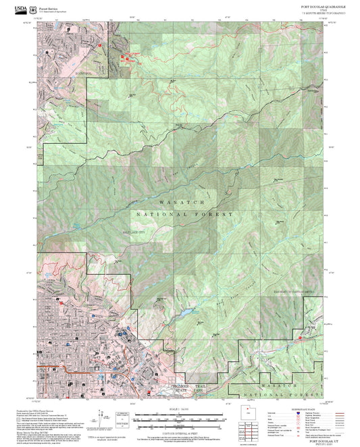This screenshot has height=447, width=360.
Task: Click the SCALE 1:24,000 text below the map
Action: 180,407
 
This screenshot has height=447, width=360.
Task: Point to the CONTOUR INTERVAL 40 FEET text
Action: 180,429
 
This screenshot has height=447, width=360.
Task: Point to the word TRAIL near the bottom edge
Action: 200,386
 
